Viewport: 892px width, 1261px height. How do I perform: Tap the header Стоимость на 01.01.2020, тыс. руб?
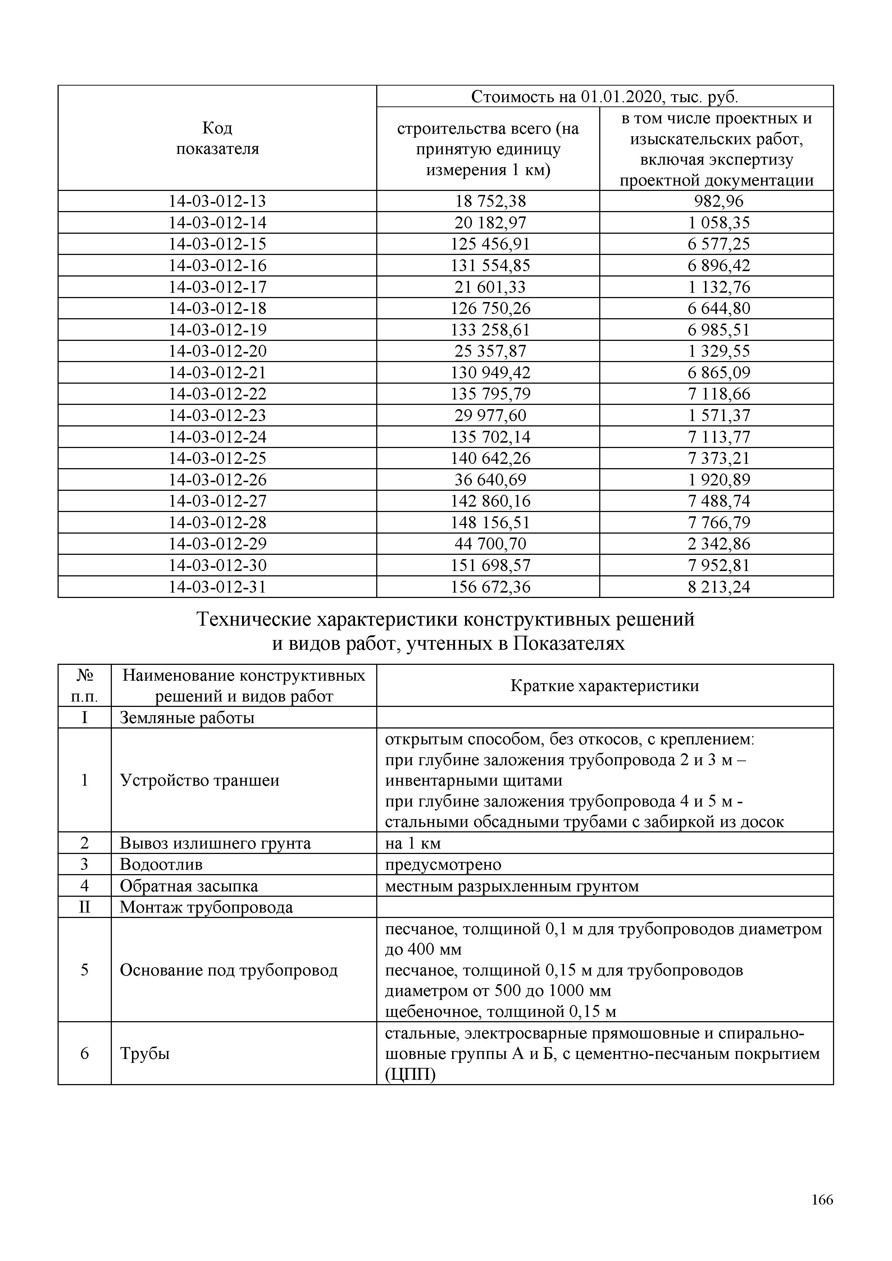click(x=604, y=97)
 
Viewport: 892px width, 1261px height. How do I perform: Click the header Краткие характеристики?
click(x=604, y=685)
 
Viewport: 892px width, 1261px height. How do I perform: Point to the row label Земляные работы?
click(x=187, y=718)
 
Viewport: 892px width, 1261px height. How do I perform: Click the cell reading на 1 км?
click(x=413, y=843)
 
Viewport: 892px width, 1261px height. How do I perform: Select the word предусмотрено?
click(x=443, y=864)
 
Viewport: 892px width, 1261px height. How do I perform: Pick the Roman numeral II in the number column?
click(x=84, y=907)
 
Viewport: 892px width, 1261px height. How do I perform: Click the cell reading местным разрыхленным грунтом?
click(x=511, y=886)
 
